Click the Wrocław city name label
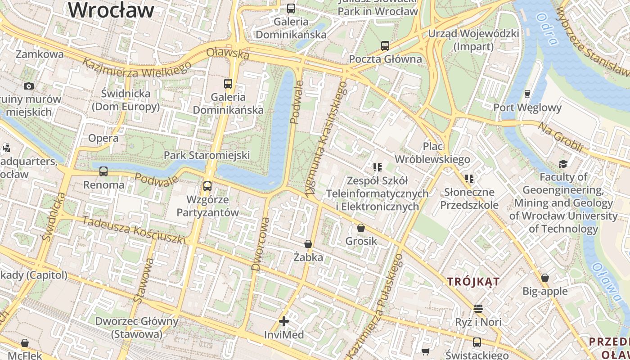tap(111, 10)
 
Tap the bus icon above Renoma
tap(103, 171)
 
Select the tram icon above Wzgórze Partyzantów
tap(207, 186)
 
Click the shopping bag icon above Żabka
tap(308, 244)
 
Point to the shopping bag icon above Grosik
tap(361, 228)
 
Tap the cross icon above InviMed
tap(284, 321)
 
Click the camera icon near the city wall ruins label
tap(29, 86)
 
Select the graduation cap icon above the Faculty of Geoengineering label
tap(563, 163)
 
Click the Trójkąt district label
tap(473, 282)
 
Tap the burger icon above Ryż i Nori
tap(478, 309)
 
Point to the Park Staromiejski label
tap(207, 155)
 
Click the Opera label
tap(103, 138)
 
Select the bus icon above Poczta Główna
tap(385, 45)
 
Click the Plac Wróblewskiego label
tap(432, 153)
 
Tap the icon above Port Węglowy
tap(527, 94)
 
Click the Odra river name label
tap(548, 29)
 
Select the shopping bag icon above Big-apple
tap(545, 278)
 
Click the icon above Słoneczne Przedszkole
tap(469, 179)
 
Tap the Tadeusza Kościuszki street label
tap(134, 230)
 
